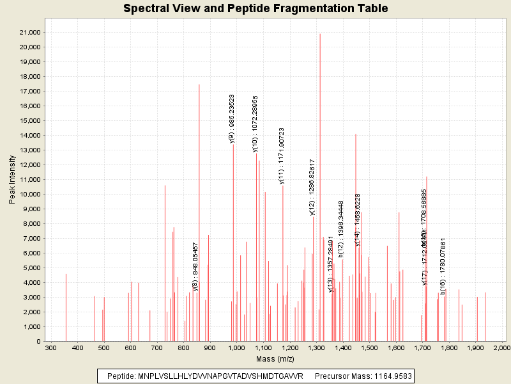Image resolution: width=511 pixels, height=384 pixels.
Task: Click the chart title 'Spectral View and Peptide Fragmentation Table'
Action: click(256, 8)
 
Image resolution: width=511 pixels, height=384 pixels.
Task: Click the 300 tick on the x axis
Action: click(51, 348)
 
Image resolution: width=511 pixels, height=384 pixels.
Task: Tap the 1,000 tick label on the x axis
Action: click(237, 348)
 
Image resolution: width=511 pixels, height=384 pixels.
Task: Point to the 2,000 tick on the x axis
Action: click(502, 348)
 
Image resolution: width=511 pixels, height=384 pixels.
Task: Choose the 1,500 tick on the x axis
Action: click(369, 348)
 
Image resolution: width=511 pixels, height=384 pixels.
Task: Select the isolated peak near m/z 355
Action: click(66, 307)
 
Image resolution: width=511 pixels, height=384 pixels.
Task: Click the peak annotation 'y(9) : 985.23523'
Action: click(232, 119)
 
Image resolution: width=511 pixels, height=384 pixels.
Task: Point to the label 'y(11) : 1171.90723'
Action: click(282, 156)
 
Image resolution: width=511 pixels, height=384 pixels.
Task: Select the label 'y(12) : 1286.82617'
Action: click(312, 188)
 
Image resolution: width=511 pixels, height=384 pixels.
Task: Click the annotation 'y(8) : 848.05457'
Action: click(195, 266)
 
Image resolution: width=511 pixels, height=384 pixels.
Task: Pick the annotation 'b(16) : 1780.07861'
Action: click(443, 266)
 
